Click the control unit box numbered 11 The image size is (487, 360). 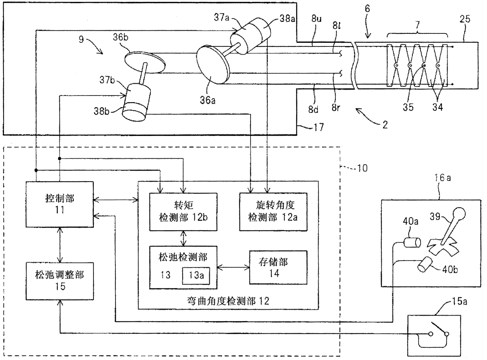click(x=60, y=204)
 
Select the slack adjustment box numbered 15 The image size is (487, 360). click(x=60, y=281)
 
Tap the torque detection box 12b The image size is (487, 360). click(x=183, y=212)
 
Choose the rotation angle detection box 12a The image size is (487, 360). click(x=273, y=212)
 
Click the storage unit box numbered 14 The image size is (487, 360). click(x=278, y=268)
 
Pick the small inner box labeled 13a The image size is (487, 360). click(x=196, y=276)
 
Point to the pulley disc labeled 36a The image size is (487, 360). click(x=212, y=64)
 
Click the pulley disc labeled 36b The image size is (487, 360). click(x=145, y=62)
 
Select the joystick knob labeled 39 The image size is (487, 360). click(x=459, y=214)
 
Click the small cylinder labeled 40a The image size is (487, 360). click(x=412, y=242)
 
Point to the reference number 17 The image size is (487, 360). click(x=319, y=127)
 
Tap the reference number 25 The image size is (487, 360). click(x=465, y=19)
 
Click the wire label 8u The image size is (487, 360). click(x=316, y=19)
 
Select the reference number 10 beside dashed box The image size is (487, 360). click(x=362, y=168)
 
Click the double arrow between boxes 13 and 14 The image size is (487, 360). click(x=233, y=268)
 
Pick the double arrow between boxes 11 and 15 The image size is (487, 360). click(x=60, y=245)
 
